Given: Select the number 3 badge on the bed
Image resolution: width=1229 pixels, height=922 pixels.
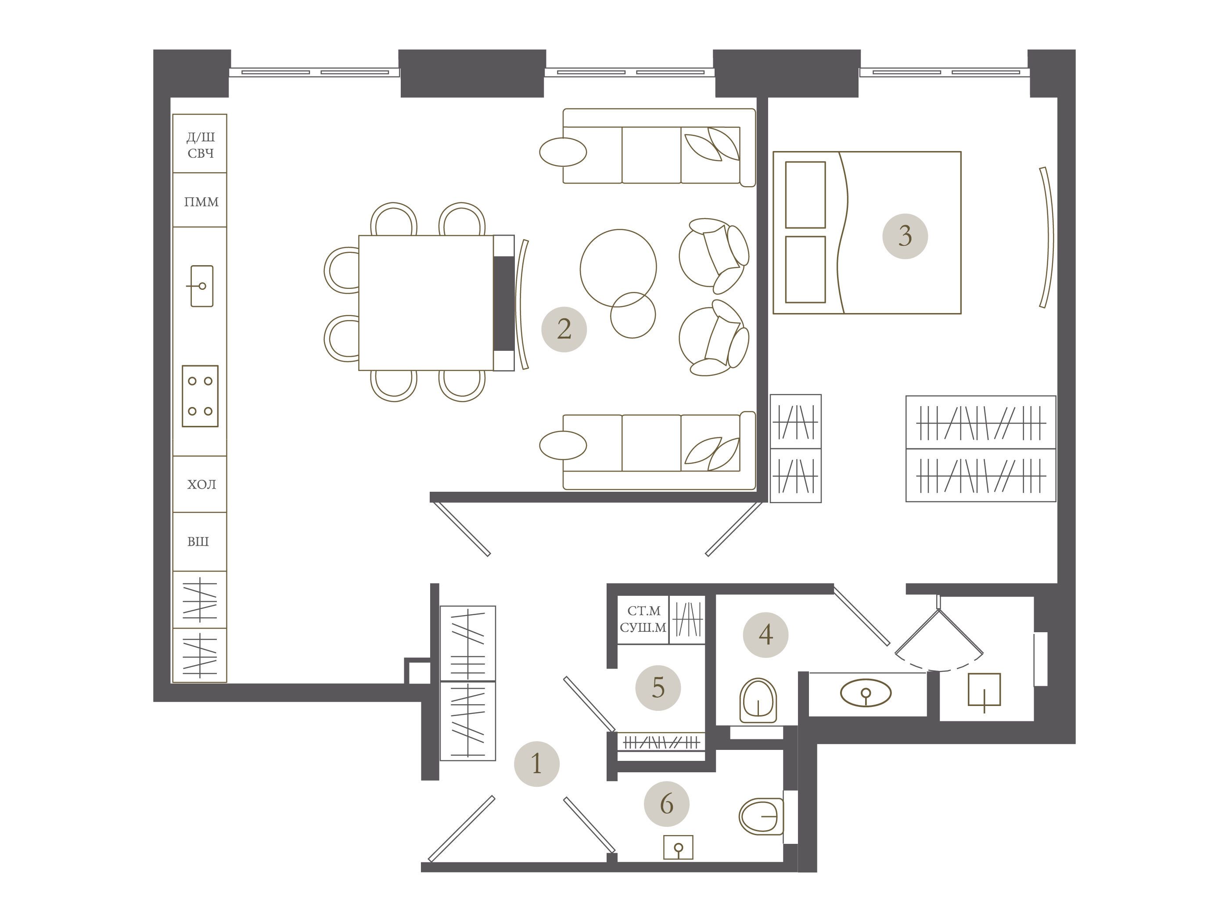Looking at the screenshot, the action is click(905, 236).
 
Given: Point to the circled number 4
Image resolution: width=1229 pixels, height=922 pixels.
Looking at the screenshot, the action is click(765, 635).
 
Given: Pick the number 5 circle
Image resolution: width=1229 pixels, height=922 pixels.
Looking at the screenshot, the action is click(658, 688).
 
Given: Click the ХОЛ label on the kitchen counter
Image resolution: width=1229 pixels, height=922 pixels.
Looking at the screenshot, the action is click(201, 485).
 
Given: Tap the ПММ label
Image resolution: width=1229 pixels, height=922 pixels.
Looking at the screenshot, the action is click(201, 202).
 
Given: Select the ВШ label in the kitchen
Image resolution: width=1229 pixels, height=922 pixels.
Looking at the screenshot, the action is click(198, 541).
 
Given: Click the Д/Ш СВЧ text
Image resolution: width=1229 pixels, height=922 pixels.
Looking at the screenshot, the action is click(201, 145).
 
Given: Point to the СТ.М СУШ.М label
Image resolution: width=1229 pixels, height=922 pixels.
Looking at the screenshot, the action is click(643, 619).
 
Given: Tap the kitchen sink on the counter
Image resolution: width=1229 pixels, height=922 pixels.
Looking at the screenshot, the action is click(201, 286).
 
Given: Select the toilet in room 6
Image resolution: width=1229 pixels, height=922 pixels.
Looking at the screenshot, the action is click(761, 816).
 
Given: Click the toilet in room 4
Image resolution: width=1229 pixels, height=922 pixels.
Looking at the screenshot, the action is click(758, 700).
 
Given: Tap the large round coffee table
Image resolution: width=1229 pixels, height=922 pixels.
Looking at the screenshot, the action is click(618, 268).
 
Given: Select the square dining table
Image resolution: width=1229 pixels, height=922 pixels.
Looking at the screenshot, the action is click(426, 303).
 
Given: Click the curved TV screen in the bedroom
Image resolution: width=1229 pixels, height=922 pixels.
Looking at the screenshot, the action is click(1048, 238).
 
